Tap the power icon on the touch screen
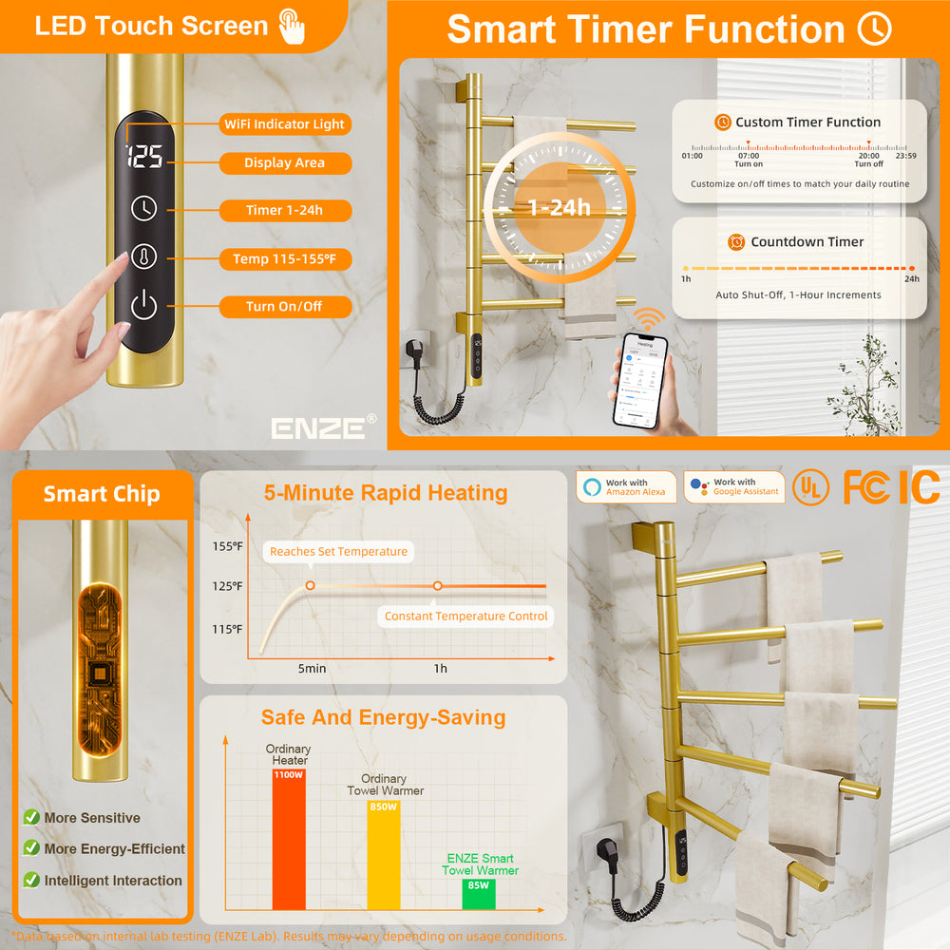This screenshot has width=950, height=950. coord(143,306)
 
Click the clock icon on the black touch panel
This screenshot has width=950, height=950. coord(143,207)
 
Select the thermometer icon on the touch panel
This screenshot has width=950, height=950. coord(143,256)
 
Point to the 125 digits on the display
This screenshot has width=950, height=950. coord(143,157)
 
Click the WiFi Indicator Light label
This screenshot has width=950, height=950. coord(284,124)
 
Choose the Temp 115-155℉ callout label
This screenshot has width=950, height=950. coord(284,258)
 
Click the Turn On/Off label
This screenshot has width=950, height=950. coord(284,307)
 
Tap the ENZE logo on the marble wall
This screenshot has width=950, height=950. coord(318,428)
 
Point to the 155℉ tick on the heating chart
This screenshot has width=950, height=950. coord(226,545)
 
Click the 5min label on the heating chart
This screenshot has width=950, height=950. coord(312,669)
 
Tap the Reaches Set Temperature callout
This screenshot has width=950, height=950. coord(338,552)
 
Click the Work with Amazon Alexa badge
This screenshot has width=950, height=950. coord(626,487)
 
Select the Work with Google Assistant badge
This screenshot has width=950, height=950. coord(734,487)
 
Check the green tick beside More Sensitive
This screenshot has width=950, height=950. coord(31,818)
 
